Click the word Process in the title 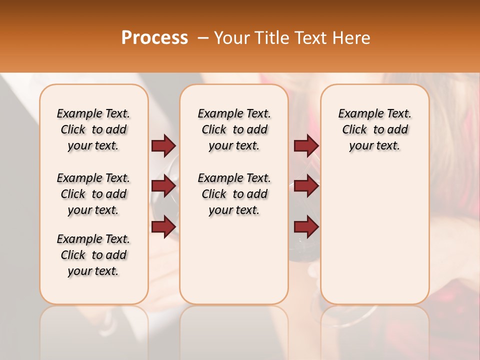point(154,38)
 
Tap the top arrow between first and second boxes point(163,146)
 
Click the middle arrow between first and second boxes point(163,186)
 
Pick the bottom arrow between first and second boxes point(163,227)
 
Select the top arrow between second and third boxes point(306,146)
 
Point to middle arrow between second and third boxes point(306,186)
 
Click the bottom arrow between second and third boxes point(306,227)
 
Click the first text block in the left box point(93,129)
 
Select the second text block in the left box point(93,194)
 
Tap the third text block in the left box point(93,255)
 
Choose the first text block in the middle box point(234,129)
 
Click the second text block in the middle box point(234,194)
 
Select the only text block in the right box point(374,129)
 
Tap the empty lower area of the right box point(374,235)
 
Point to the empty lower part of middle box point(234,260)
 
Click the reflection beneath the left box point(93,325)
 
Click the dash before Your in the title point(203,38)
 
